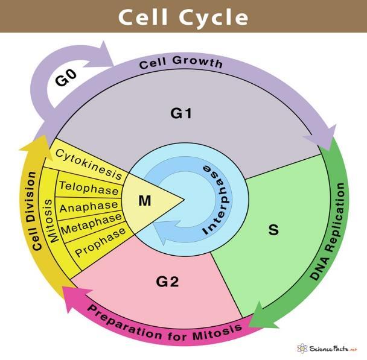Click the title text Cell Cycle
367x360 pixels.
(x=183, y=16)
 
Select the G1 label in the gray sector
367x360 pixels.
(x=180, y=112)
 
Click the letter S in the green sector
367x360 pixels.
(x=273, y=230)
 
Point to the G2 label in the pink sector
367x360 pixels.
(x=167, y=281)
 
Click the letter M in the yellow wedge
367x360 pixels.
(x=145, y=201)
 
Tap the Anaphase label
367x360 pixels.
(x=90, y=206)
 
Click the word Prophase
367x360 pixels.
(x=100, y=241)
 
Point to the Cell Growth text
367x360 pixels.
(x=181, y=62)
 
